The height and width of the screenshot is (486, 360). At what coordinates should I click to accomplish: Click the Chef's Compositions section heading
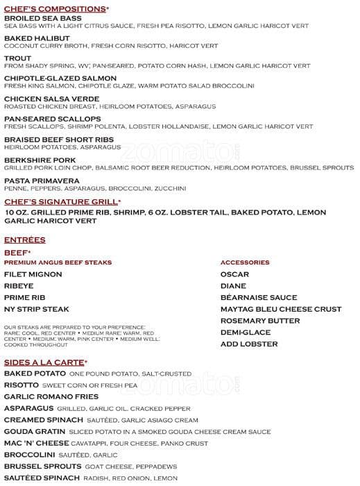[56, 8]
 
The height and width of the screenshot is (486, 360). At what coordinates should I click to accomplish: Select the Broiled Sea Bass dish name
[42, 18]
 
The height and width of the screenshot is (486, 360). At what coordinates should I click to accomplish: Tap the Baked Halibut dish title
[36, 38]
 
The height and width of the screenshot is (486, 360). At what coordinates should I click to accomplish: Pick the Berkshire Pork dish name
[40, 159]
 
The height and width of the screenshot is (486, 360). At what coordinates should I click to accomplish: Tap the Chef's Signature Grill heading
[62, 201]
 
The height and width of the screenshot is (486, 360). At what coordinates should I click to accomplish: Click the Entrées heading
[24, 240]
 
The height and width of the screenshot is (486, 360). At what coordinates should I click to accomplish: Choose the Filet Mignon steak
[32, 274]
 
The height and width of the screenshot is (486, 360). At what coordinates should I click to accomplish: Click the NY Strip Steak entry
[36, 309]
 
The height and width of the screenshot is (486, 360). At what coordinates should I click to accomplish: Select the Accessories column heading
[244, 262]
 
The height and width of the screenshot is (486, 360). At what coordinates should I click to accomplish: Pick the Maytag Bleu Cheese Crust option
[280, 309]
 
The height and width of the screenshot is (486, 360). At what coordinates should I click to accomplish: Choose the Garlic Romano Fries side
[51, 396]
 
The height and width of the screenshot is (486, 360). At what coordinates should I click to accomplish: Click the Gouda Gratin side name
[36, 431]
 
